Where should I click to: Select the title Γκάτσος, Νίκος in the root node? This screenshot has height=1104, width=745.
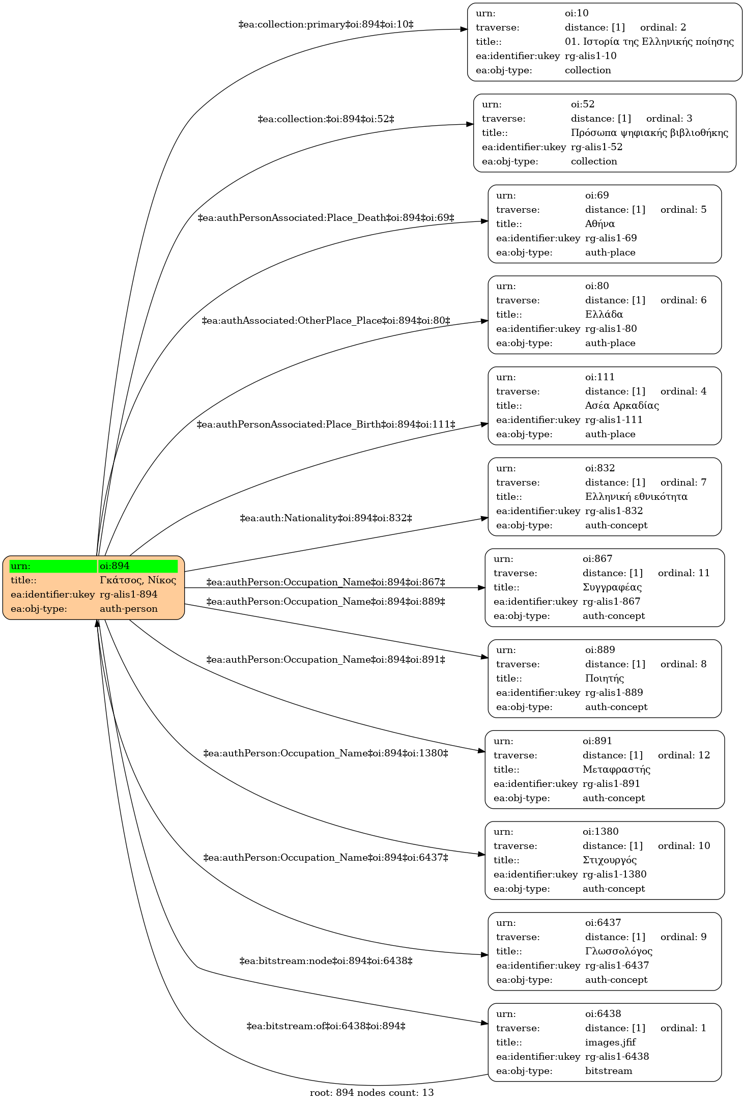click(138, 580)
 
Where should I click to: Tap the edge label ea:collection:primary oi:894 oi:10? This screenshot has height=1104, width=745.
click(326, 24)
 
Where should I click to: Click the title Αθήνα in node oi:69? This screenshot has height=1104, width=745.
click(600, 224)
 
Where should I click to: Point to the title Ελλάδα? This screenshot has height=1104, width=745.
click(604, 315)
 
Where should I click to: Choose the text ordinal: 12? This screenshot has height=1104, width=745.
click(684, 755)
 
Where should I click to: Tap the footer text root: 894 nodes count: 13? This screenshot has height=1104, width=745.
click(372, 1093)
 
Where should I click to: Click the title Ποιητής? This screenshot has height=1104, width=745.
click(605, 678)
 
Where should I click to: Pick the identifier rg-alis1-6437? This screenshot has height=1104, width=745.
click(617, 966)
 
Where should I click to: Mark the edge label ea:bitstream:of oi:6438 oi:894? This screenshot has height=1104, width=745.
click(326, 1026)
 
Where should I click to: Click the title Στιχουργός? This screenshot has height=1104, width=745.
click(610, 860)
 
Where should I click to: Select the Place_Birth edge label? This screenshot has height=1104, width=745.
click(326, 424)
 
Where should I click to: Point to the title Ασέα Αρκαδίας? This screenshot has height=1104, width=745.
click(622, 406)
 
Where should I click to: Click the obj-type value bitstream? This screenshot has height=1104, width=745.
click(609, 1071)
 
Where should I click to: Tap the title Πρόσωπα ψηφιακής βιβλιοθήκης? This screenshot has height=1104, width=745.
click(650, 133)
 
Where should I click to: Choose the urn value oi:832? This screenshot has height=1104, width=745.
click(600, 468)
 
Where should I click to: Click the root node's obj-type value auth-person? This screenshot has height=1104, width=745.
click(129, 609)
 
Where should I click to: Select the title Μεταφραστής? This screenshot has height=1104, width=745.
click(617, 769)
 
